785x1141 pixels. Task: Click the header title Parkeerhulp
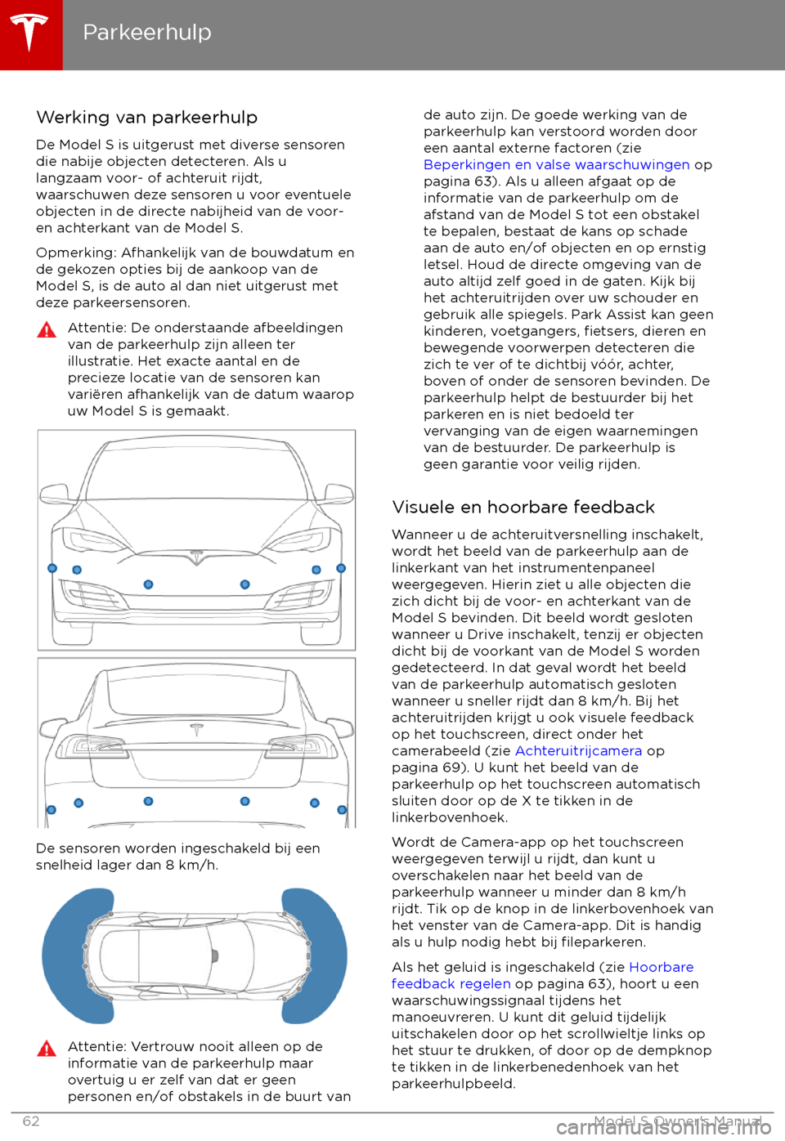(147, 33)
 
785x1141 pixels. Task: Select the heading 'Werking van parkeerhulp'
(147, 118)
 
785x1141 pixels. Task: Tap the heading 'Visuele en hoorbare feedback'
(523, 508)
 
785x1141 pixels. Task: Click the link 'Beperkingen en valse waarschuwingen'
(556, 165)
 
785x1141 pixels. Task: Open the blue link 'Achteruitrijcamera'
(578, 751)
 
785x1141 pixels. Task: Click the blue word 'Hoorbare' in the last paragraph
(661, 968)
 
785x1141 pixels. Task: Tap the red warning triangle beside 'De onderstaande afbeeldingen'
(47, 330)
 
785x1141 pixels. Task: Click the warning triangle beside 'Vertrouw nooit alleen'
(47, 1049)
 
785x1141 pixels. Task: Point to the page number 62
(31, 1121)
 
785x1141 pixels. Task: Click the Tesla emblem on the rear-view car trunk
(196, 729)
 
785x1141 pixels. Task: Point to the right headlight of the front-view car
(298, 540)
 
